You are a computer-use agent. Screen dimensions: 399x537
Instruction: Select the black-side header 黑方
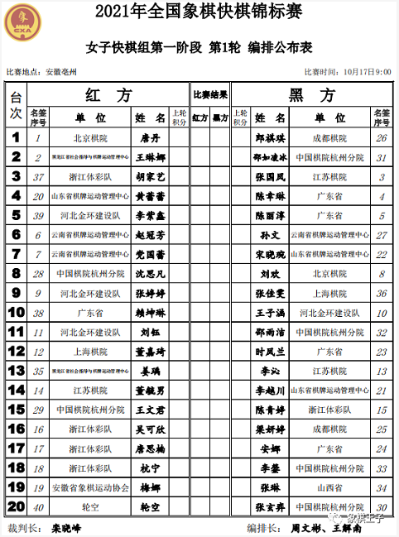(x=313, y=95)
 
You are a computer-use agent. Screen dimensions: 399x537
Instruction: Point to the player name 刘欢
(x=270, y=273)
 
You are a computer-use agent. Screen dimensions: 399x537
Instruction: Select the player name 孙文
(x=270, y=235)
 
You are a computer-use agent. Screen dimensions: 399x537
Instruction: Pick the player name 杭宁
(x=150, y=467)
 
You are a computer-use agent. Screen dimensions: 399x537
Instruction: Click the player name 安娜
(x=270, y=448)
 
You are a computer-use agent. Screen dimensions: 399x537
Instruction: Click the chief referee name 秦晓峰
(x=72, y=526)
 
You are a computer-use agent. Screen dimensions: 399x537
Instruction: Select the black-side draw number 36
(x=382, y=293)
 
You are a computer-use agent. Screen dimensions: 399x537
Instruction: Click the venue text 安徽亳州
(x=61, y=72)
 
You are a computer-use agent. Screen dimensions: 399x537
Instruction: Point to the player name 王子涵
(x=270, y=313)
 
